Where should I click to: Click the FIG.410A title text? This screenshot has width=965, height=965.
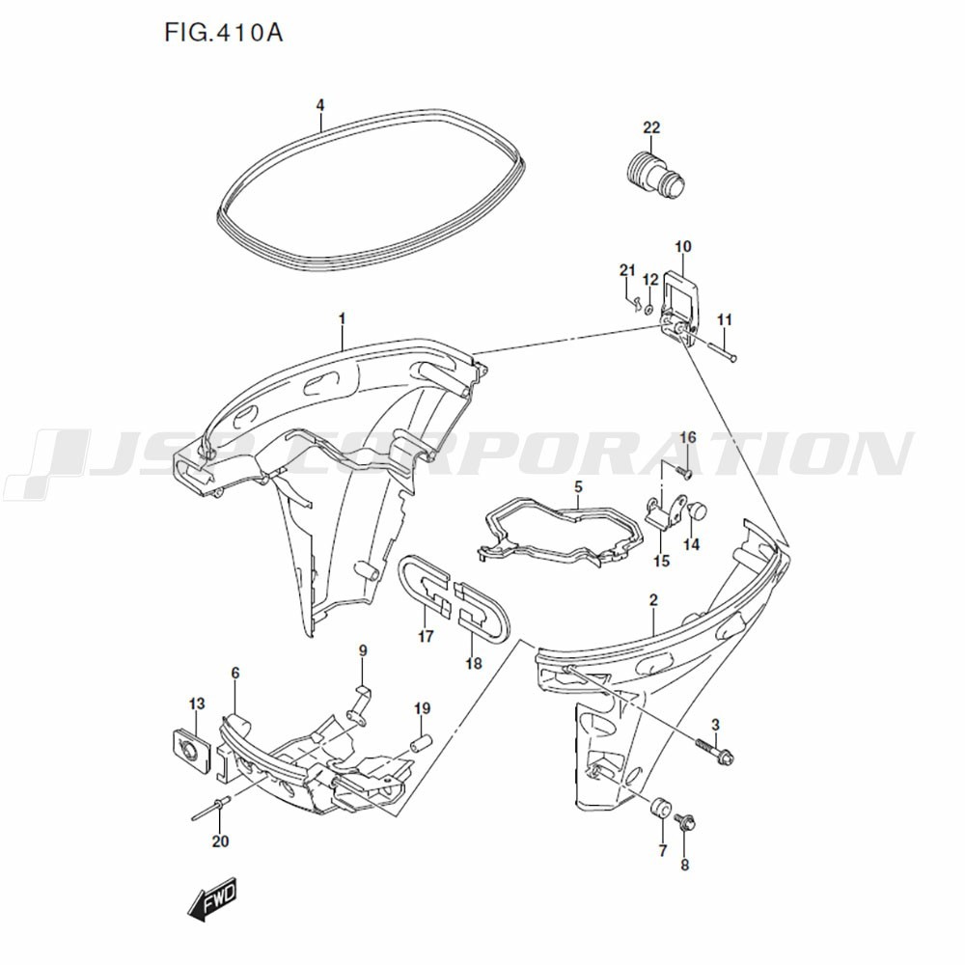[224, 32]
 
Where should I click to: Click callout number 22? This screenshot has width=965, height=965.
[651, 127]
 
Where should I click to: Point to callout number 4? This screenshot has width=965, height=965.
[320, 105]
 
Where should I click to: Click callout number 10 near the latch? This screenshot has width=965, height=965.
[683, 247]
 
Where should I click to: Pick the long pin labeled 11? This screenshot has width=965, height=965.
[721, 353]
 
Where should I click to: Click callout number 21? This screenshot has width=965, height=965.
[627, 270]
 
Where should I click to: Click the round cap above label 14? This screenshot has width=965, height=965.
[699, 510]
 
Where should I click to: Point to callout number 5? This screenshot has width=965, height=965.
[578, 486]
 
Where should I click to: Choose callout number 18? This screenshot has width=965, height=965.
[473, 664]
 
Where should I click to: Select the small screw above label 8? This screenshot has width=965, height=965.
[685, 823]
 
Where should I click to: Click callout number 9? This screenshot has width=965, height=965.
[363, 650]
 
